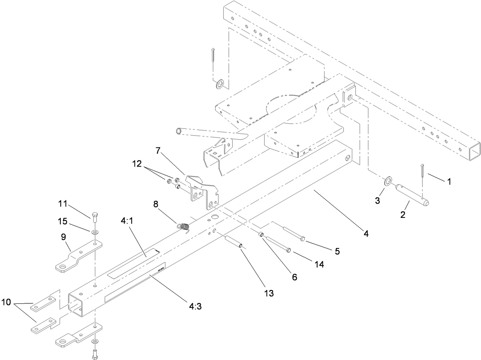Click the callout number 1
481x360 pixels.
click(449, 182)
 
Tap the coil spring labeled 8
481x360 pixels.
click(184, 225)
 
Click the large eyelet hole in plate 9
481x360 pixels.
click(62, 267)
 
